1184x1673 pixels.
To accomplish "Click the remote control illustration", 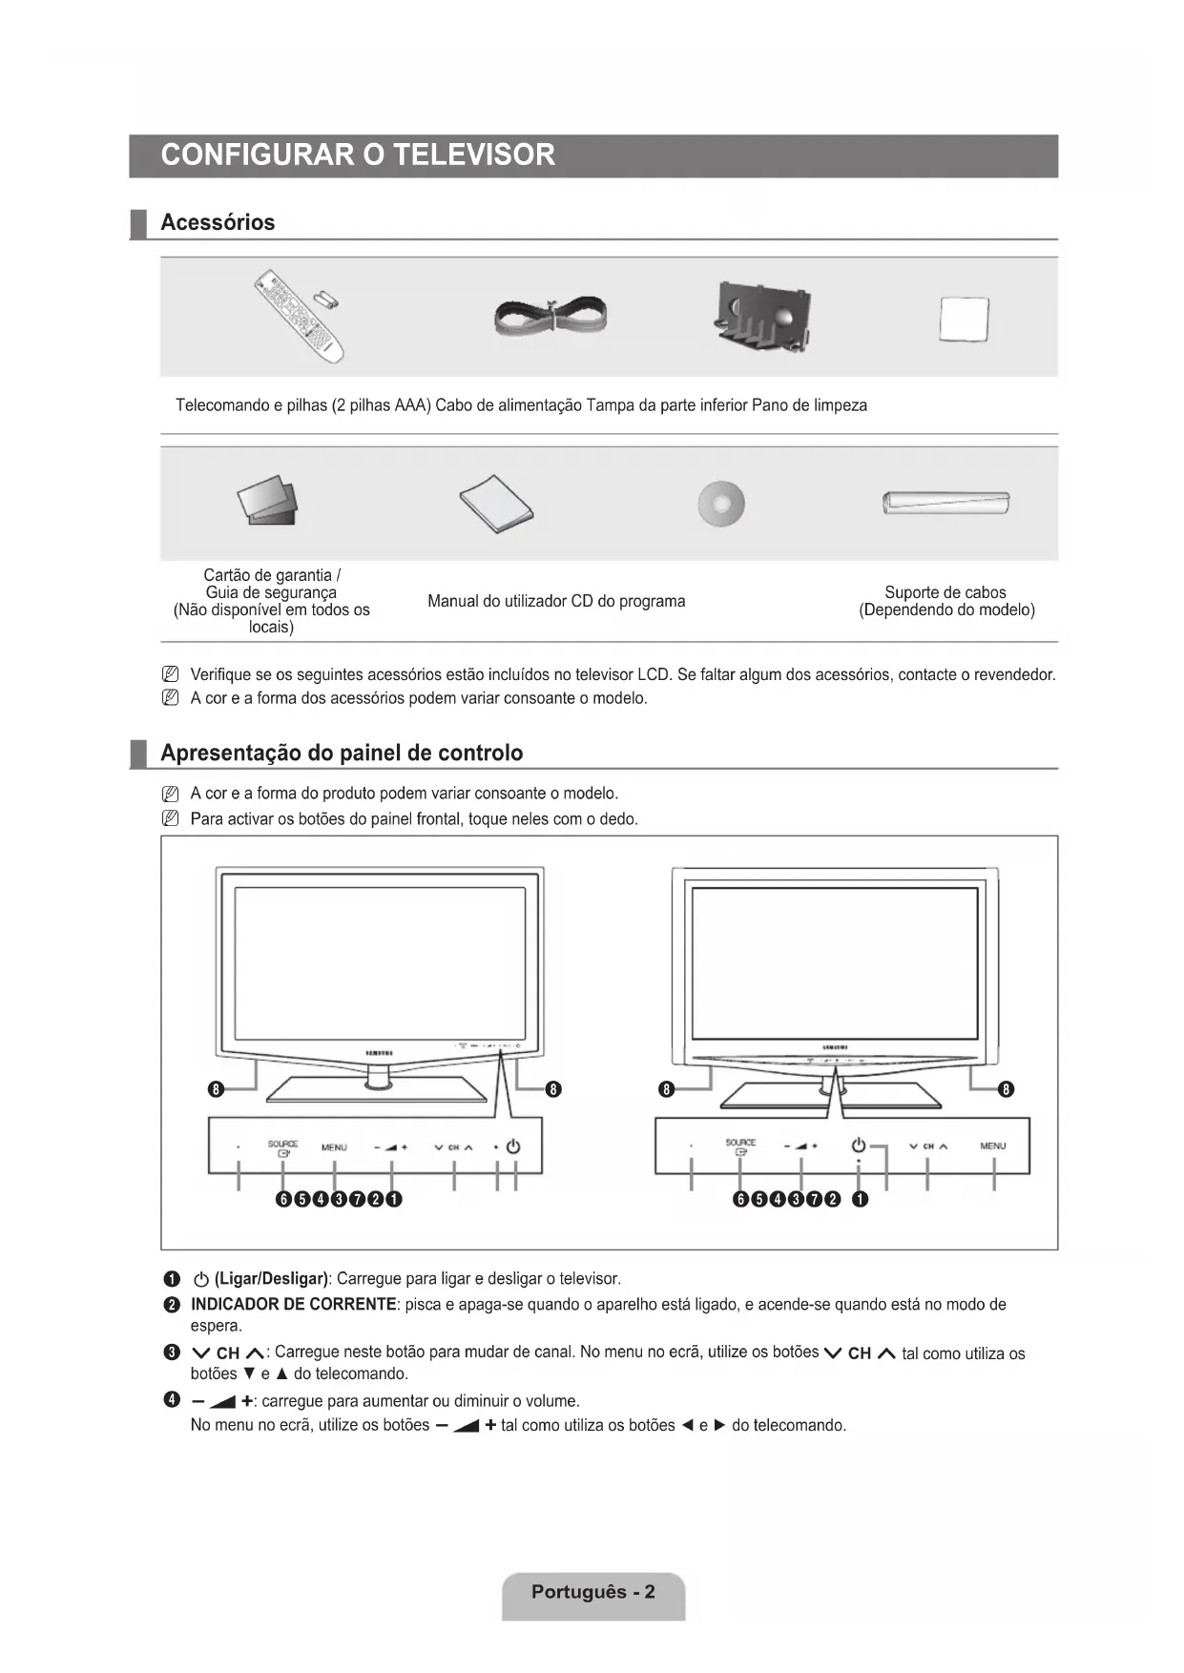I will (x=301, y=316).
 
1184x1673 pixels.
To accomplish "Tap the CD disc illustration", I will (x=721, y=503).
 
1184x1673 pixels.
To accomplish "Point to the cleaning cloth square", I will (x=964, y=320).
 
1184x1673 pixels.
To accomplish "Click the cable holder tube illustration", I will (x=945, y=502).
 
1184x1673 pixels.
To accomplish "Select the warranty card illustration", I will (x=268, y=501).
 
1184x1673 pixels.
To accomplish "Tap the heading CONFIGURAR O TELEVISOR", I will (x=358, y=155).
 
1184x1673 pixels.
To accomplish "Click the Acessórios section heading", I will (x=218, y=223).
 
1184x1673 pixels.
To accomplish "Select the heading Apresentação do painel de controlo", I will (x=342, y=754).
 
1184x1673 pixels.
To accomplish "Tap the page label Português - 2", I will (x=593, y=1592).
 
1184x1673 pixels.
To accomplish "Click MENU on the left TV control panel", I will (x=334, y=1147).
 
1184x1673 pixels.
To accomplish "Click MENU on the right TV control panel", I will (x=993, y=1146).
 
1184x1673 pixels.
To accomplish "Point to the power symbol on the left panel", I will (x=513, y=1146).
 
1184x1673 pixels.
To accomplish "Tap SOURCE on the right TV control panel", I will (x=740, y=1143).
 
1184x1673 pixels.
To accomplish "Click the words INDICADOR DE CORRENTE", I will (x=294, y=1305).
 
